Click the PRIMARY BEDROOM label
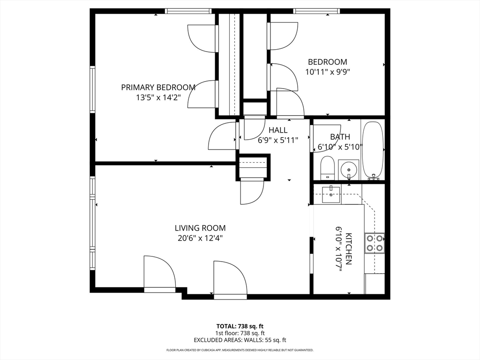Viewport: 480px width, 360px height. point(158,88)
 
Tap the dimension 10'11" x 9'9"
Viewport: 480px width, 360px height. point(328,72)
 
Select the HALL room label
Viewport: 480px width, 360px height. point(278,130)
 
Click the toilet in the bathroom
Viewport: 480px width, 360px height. point(327,168)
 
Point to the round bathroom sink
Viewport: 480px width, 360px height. point(348,169)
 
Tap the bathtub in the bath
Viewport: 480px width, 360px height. point(373,151)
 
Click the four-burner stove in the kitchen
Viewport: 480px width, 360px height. point(375,243)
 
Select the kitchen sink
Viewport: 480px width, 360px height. point(331,195)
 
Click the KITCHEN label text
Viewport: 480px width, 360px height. point(348,249)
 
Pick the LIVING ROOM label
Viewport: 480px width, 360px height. point(200,228)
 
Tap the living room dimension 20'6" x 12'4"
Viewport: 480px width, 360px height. point(200,238)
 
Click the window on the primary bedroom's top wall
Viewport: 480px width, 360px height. point(188,11)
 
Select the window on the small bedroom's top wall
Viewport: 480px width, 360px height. point(316,11)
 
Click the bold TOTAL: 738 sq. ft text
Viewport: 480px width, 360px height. point(240,326)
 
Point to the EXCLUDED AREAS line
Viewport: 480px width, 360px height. point(240,340)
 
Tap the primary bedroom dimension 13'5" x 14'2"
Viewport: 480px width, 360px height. point(158,98)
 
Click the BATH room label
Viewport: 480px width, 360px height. point(340,137)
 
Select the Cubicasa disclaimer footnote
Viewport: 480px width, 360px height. point(240,350)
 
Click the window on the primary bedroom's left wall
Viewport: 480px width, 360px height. point(92,90)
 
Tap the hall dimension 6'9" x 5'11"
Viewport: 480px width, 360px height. point(278,140)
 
